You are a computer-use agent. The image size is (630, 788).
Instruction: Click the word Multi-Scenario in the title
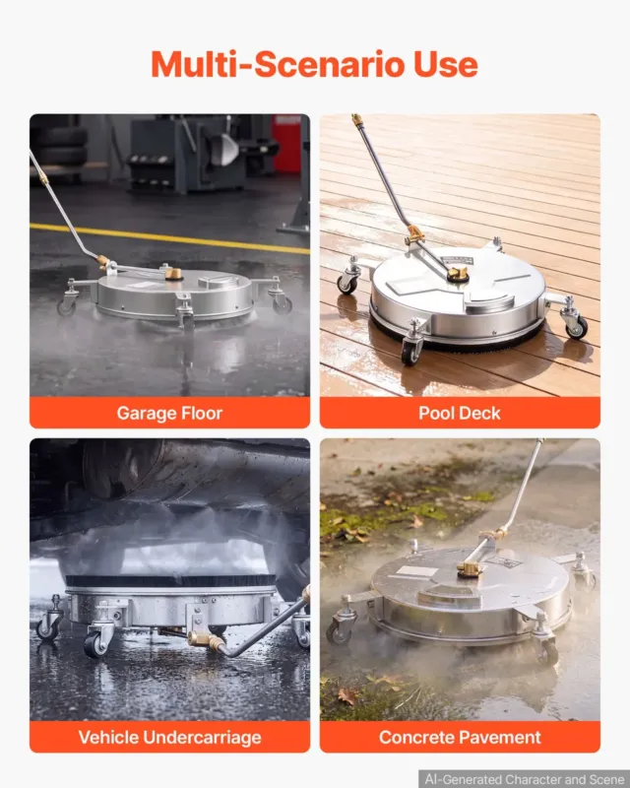tap(278, 64)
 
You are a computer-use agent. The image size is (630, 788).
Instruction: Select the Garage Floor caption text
tap(169, 413)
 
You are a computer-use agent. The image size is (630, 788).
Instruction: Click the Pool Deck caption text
tap(459, 413)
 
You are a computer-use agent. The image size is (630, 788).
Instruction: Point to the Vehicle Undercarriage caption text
tap(170, 737)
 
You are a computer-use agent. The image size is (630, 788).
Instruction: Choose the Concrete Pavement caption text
tap(460, 737)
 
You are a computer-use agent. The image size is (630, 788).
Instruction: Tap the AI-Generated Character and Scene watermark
tap(525, 779)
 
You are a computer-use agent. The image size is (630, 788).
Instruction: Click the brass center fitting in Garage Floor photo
tap(174, 274)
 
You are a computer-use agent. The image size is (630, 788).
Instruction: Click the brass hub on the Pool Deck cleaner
tap(458, 275)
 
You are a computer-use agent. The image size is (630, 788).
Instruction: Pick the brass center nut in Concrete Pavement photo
tap(470, 569)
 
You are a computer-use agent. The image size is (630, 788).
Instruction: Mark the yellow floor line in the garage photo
tap(169, 237)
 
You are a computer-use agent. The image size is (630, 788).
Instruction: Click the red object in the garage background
tap(286, 144)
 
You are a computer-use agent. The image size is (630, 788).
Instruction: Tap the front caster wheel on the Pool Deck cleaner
tap(410, 351)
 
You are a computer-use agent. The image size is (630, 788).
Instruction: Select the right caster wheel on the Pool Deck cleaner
tap(576, 327)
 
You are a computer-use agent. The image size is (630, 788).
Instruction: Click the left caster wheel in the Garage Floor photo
tap(66, 306)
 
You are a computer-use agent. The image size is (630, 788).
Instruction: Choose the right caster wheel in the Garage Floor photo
tap(282, 304)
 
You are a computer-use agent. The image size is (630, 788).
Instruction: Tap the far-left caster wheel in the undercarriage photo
tap(47, 629)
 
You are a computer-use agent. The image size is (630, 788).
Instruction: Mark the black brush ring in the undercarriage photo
tap(171, 581)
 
